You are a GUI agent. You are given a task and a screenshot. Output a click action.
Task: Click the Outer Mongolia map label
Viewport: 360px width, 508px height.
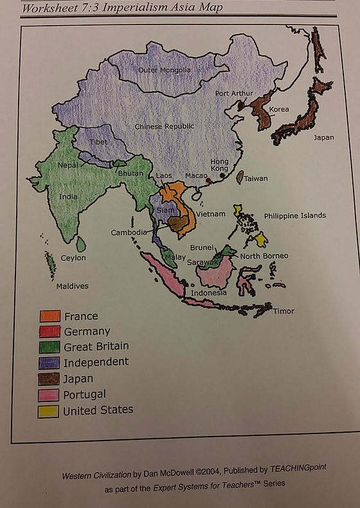165,69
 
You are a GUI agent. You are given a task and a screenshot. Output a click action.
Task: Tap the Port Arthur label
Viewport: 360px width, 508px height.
231,93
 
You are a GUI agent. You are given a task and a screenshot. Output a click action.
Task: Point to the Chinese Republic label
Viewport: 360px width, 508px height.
164,126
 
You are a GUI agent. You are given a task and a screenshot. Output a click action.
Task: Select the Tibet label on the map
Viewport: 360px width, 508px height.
98,142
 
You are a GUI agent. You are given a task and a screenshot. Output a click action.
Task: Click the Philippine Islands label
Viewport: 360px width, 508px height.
294,215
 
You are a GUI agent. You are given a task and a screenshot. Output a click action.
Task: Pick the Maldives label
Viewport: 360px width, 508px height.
72,286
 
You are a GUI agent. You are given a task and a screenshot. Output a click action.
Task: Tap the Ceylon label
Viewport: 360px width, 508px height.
73,258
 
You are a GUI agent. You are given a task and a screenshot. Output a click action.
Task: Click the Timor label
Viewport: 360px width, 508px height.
283,311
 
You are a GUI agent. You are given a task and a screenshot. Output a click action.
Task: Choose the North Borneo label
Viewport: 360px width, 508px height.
264,256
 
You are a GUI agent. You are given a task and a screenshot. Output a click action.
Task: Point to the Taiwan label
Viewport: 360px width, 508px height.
256,178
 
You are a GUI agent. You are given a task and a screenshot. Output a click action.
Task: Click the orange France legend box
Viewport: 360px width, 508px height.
50,316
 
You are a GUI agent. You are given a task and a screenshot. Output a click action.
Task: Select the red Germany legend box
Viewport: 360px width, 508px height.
50,331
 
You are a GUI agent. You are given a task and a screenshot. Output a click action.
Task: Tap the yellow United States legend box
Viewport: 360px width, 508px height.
48,410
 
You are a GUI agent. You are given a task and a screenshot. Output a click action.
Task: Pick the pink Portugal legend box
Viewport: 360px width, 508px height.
48,394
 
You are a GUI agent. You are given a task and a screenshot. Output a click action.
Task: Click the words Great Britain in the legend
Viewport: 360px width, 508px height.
96,347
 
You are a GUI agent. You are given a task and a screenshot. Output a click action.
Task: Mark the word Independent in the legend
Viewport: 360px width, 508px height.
96,362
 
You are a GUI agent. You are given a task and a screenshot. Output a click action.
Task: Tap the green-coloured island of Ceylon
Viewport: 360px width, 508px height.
80,244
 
